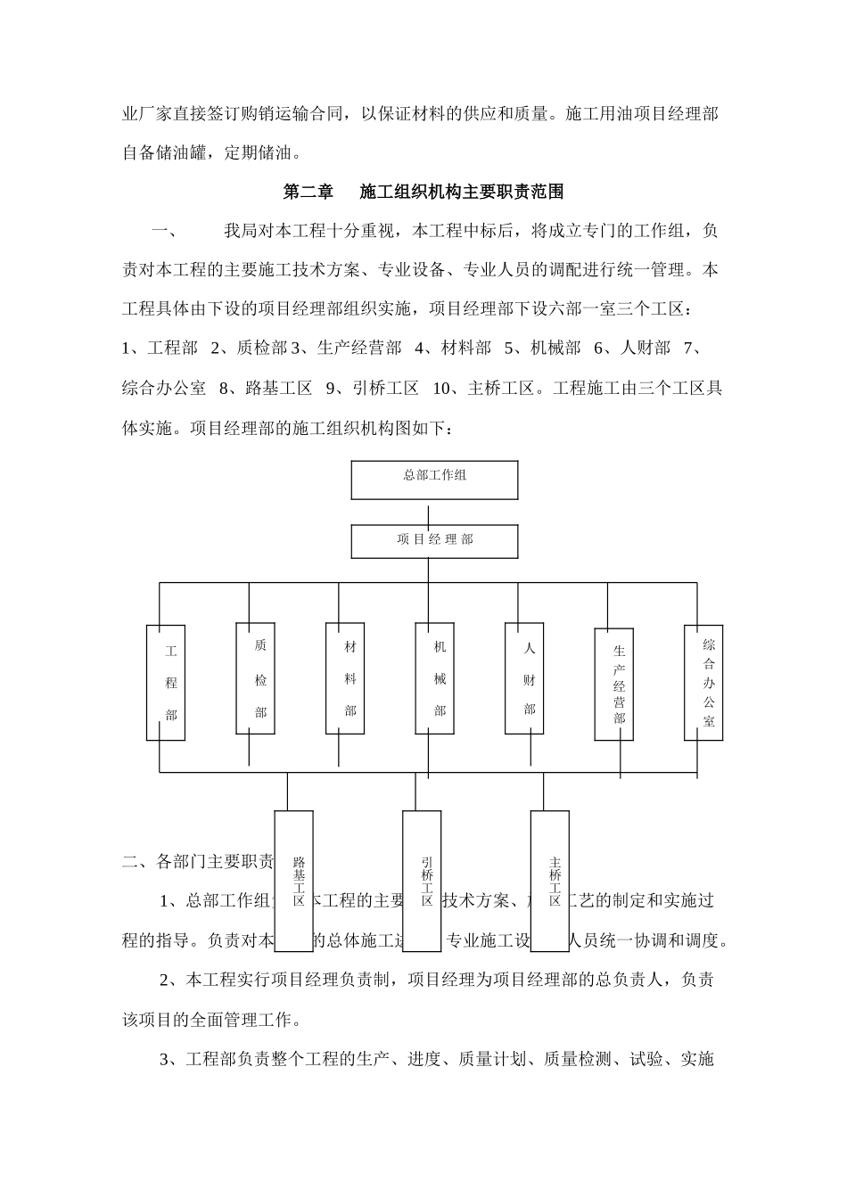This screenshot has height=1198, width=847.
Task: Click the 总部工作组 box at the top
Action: coord(434,480)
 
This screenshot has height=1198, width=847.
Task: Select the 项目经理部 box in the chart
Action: coord(434,540)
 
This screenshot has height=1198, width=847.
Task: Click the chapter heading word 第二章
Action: coord(308,192)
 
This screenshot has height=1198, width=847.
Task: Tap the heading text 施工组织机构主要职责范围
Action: coord(462,192)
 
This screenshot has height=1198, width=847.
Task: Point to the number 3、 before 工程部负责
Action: coord(171,1060)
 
